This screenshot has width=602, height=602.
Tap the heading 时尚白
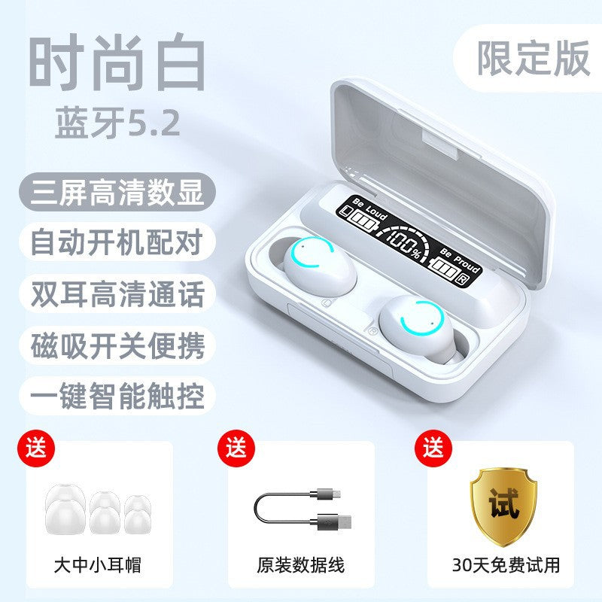click(117, 62)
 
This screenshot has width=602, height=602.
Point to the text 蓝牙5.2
click(117, 122)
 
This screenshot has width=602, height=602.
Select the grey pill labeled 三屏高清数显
click(117, 192)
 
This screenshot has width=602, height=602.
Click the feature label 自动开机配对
click(117, 242)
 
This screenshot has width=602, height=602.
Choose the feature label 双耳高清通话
click(117, 293)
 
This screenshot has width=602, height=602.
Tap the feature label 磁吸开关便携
click(117, 345)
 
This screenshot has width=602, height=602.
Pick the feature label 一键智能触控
click(117, 396)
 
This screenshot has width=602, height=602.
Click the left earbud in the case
click(319, 266)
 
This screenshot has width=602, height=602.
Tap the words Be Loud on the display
click(370, 209)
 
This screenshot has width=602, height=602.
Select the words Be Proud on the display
click(461, 260)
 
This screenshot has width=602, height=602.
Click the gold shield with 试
click(503, 506)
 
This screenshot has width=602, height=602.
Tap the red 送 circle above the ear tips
click(36, 448)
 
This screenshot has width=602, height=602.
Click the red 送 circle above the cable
click(236, 448)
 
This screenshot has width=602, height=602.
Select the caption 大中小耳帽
click(98, 565)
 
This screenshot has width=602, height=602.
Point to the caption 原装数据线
click(300, 565)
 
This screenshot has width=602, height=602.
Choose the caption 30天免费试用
click(506, 565)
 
